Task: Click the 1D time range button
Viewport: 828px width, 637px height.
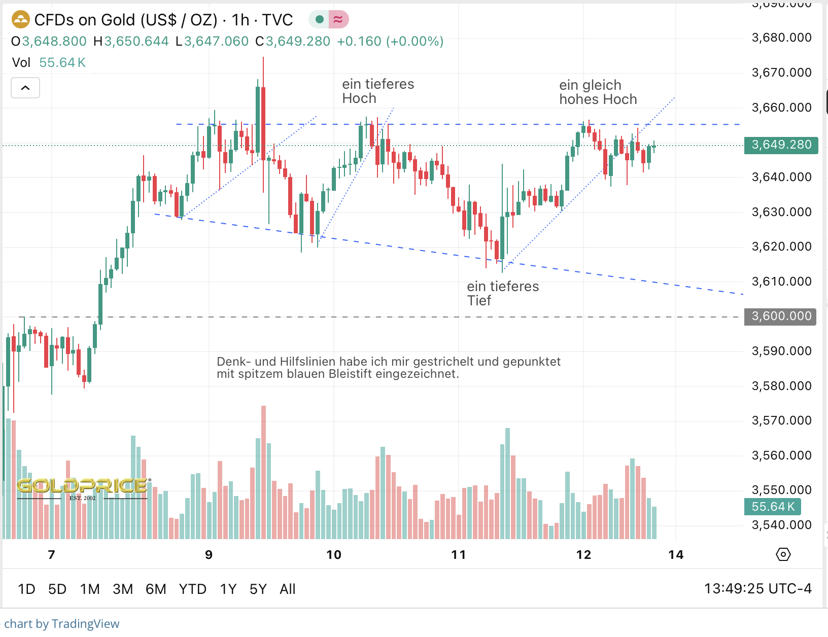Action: pos(26,589)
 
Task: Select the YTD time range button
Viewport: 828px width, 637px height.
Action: pos(192,589)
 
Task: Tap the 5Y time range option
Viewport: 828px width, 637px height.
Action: pos(258,589)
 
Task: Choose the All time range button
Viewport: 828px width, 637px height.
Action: pos(287,589)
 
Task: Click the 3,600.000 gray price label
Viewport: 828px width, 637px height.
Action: pos(780,316)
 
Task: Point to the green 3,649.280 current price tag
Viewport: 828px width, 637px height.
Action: pos(781,145)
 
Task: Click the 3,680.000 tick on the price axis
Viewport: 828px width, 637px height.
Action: pos(781,38)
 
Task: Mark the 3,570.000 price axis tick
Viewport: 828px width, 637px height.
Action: pos(781,420)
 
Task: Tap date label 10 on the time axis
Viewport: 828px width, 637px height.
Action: pos(334,555)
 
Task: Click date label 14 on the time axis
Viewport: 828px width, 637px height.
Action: pos(676,555)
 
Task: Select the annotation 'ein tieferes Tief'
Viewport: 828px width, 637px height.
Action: pos(502,294)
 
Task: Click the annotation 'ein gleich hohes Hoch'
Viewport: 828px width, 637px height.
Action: pos(598,92)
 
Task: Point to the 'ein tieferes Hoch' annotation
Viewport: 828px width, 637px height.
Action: pos(378,91)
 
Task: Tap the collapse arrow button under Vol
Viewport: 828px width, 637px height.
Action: pos(25,88)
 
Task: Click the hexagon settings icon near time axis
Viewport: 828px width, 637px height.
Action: pos(783,554)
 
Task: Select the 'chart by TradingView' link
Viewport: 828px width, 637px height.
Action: pos(62,624)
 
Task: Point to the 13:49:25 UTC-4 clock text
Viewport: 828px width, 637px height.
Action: pos(757,589)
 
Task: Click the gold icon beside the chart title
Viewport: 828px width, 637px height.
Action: pos(21,20)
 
